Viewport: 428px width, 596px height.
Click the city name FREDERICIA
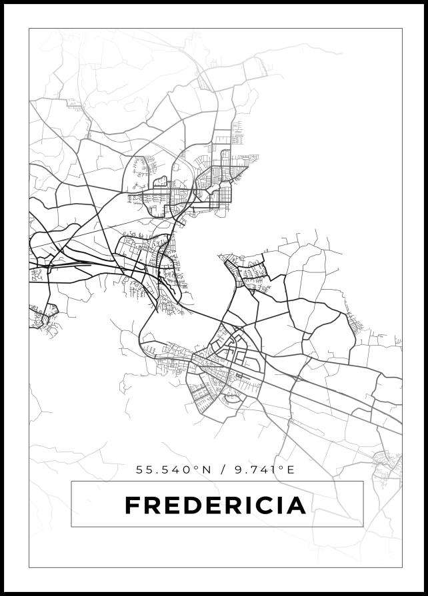click(215, 505)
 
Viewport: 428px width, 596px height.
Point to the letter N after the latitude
click(206, 469)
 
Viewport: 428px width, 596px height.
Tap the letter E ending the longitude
click(291, 469)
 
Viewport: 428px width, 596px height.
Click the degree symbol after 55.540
click(196, 467)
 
